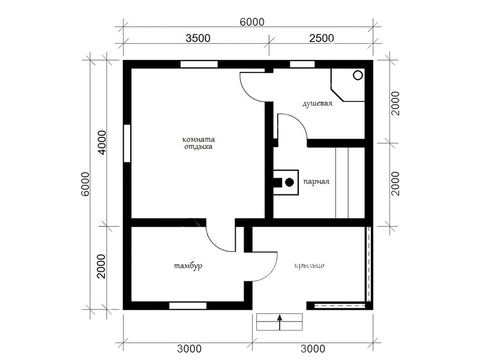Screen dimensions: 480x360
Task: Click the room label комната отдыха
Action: coord(199,143)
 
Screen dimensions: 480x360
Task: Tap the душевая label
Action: coord(317,103)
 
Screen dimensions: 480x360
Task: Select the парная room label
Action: coord(316,182)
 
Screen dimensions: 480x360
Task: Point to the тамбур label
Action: coord(188,266)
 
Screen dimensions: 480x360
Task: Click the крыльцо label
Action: coord(309,266)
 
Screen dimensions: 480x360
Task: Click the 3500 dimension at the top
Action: coord(198,38)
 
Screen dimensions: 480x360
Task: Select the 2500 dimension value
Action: coord(322,38)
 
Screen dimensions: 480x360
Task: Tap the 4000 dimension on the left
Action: coord(101,143)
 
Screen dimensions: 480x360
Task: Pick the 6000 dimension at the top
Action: coord(252,22)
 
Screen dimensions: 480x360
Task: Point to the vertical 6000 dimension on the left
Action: coord(85,184)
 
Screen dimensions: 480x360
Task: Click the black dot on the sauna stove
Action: coord(289,182)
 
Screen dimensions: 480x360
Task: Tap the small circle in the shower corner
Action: coord(358,75)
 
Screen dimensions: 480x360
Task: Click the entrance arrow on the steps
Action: coord(279,322)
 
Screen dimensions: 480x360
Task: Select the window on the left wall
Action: coord(127,143)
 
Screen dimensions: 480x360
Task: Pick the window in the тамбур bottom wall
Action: coord(188,305)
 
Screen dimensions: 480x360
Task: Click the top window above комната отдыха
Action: coord(199,64)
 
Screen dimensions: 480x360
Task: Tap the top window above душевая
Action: coord(302,64)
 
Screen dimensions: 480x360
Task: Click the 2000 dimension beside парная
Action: coord(395,184)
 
